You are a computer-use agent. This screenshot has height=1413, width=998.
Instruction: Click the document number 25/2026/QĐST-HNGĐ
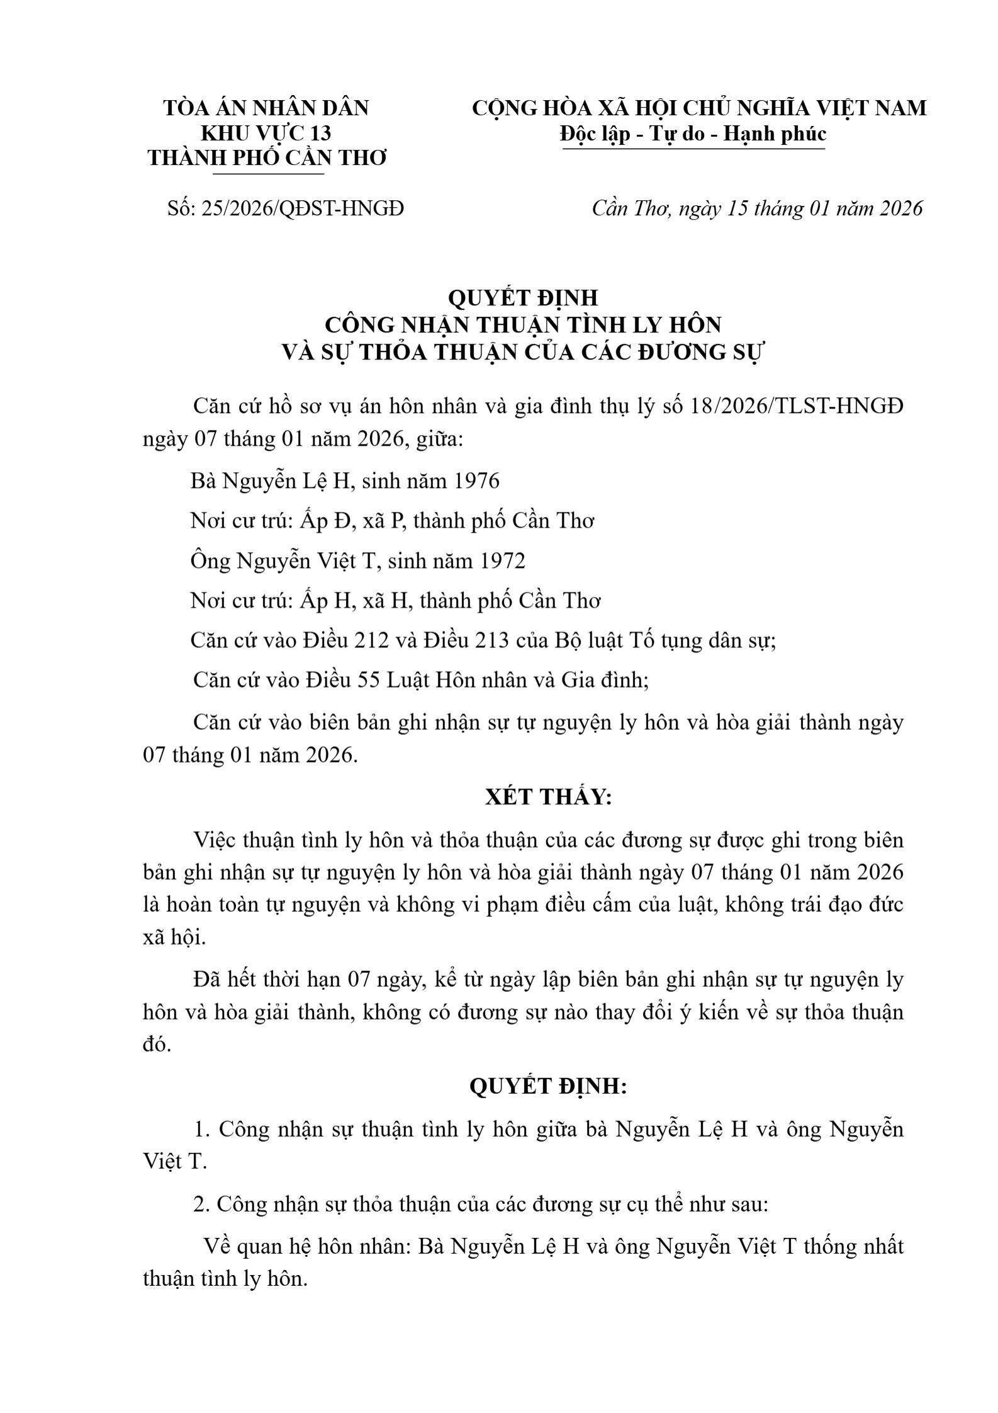pos(302,208)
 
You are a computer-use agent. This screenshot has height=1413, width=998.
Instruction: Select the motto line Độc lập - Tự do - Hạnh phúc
pos(693,134)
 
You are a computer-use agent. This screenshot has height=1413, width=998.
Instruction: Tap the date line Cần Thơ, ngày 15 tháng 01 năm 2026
pos(757,208)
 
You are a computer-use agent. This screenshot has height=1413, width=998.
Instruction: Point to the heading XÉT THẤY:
pos(548,797)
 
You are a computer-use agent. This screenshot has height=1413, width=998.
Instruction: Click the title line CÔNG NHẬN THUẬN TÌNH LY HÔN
pos(523,325)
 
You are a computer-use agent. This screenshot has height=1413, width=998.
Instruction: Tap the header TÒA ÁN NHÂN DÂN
pos(266,108)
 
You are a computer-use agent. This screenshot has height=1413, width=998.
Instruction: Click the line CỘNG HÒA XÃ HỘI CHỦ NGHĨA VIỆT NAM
pos(699,108)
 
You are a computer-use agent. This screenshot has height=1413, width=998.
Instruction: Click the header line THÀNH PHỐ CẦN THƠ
pos(267,159)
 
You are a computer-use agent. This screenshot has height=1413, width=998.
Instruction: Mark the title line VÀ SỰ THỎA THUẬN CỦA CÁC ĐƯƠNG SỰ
pos(522,353)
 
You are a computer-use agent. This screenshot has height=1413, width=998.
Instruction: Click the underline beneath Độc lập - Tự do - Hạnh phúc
pos(693,149)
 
